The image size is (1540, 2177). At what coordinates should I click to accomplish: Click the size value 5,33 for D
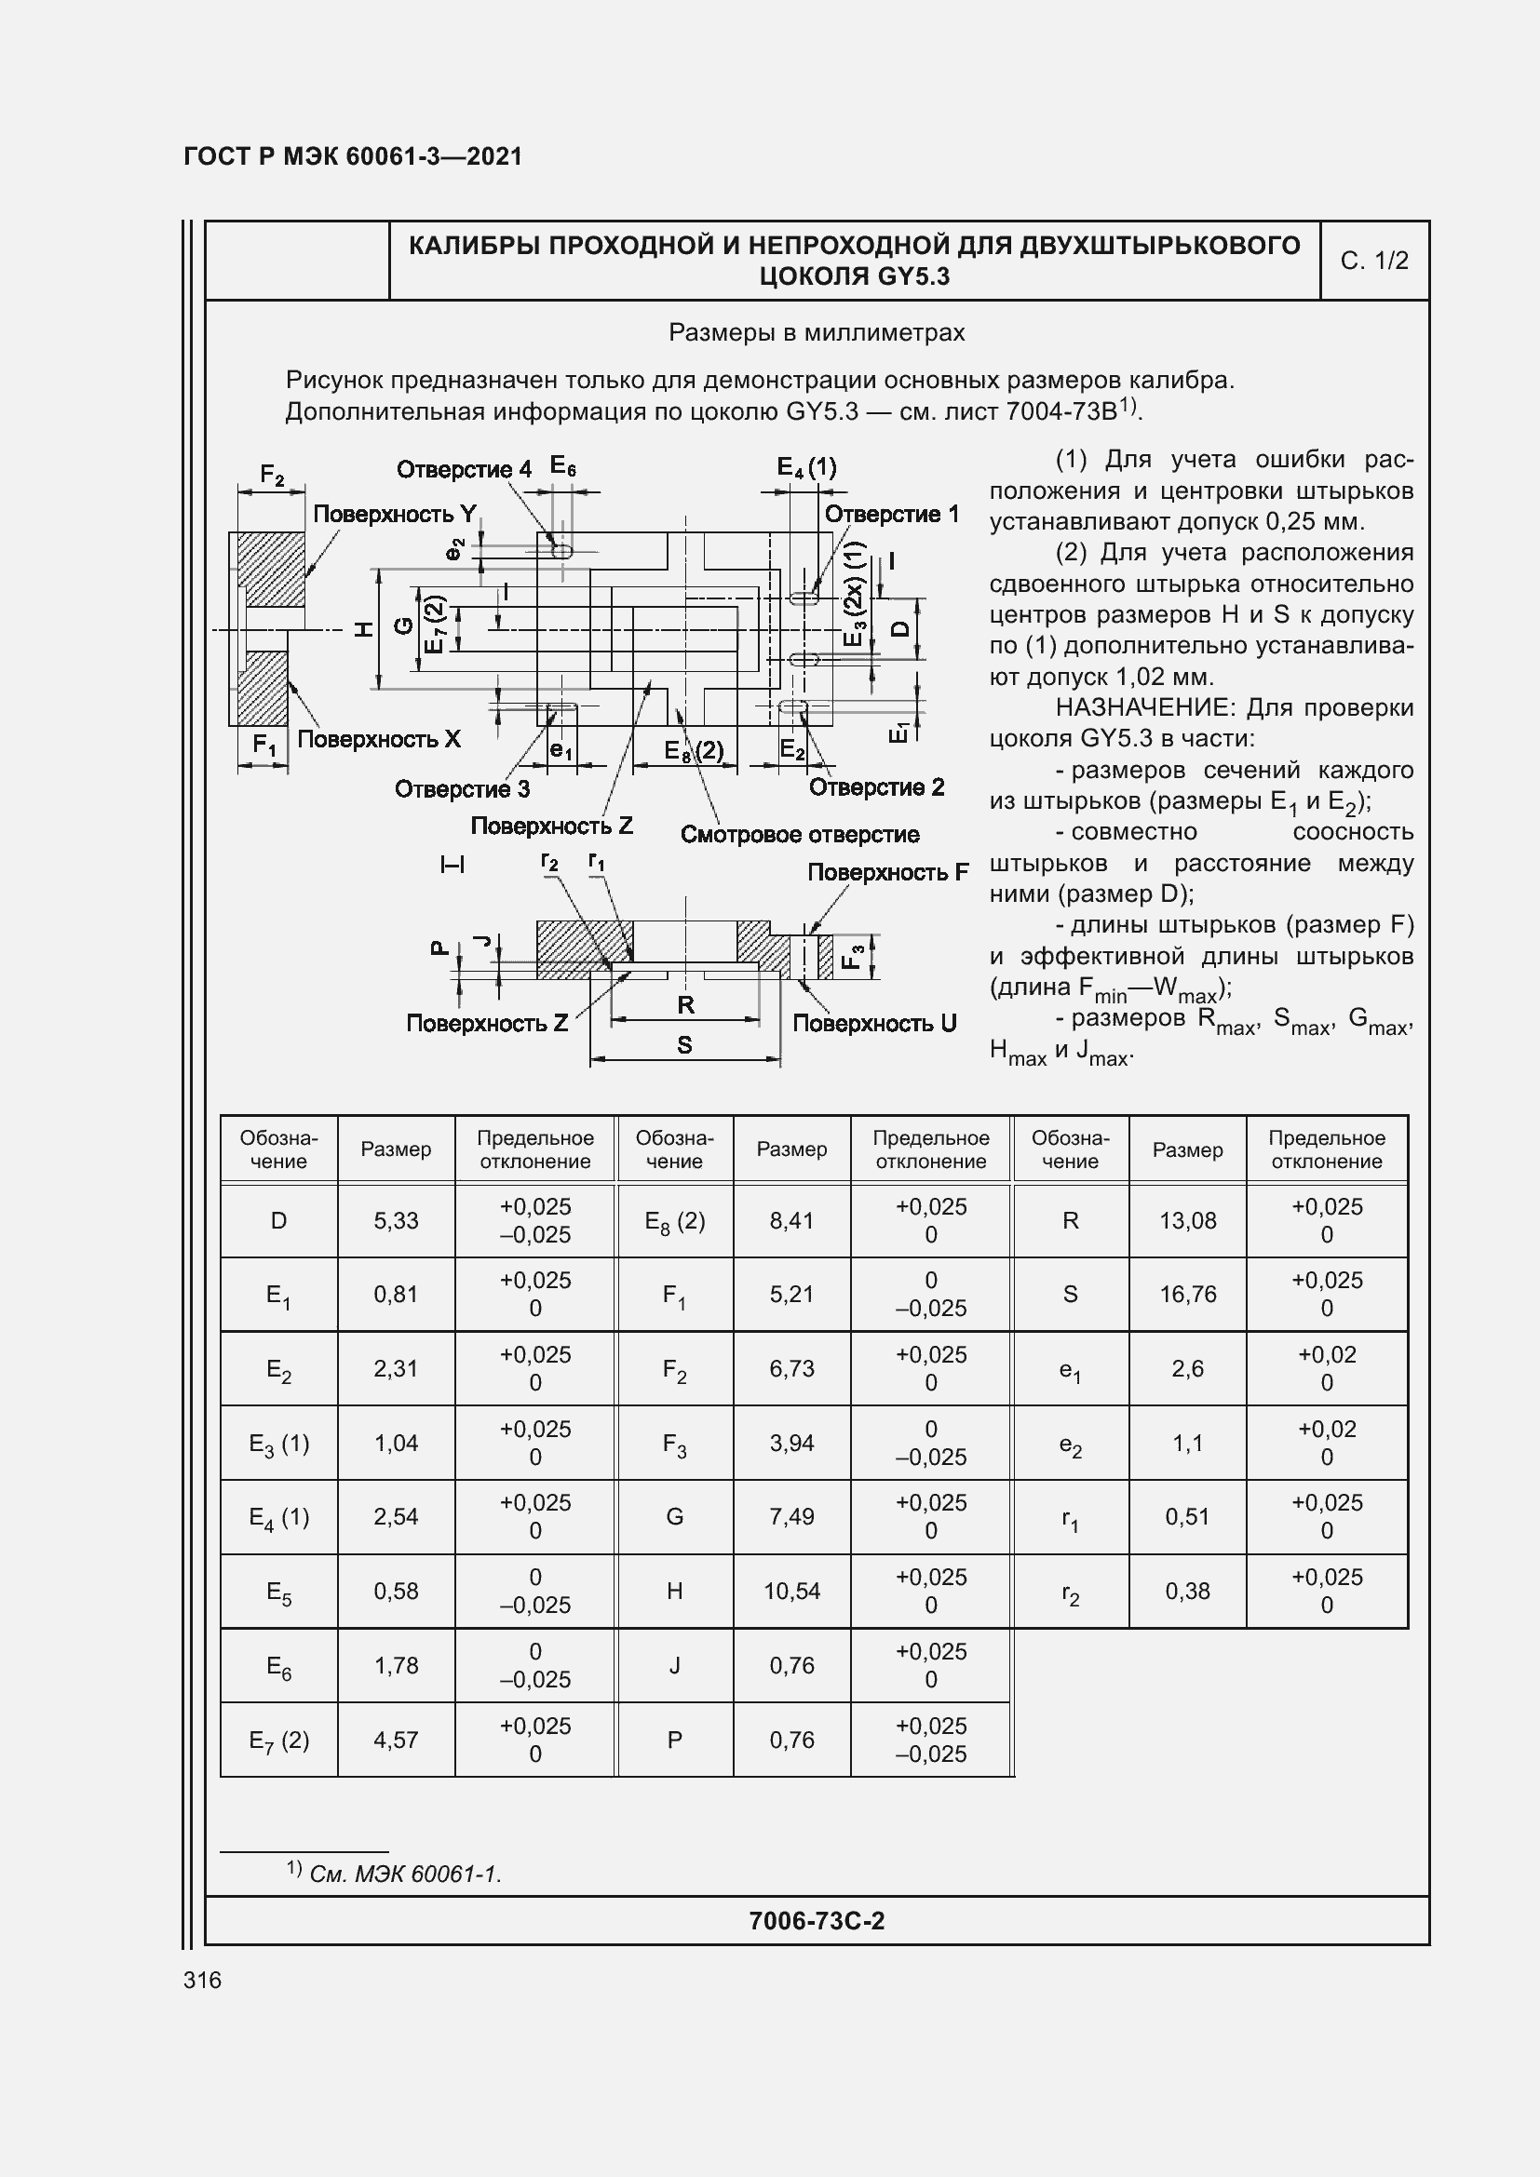(396, 1220)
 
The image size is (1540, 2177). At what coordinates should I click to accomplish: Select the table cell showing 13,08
(1187, 1220)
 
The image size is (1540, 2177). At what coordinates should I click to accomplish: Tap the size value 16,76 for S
(1187, 1295)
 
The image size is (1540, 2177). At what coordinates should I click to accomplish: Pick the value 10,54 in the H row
(791, 1591)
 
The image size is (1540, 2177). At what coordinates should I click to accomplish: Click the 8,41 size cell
(791, 1220)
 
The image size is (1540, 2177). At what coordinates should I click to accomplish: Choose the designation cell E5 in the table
(278, 1592)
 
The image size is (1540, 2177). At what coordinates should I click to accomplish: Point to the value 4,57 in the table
(396, 1740)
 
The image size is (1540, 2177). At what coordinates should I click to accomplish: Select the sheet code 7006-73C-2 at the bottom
(817, 1920)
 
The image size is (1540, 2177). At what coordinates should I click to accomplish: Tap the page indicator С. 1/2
(1374, 261)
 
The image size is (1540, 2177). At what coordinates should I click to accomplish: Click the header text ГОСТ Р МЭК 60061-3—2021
(353, 156)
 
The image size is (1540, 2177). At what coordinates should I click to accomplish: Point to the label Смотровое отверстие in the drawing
(800, 834)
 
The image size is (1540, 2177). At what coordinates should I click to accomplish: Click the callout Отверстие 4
(464, 469)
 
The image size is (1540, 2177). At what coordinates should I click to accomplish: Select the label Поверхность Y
(395, 514)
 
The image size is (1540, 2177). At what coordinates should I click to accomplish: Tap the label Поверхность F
(887, 872)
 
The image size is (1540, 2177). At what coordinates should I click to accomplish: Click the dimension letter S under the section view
(684, 1045)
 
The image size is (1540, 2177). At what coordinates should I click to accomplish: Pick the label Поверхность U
(873, 1023)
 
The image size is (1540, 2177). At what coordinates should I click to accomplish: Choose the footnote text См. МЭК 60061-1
(405, 1875)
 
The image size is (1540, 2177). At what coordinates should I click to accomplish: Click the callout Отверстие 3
(462, 789)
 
